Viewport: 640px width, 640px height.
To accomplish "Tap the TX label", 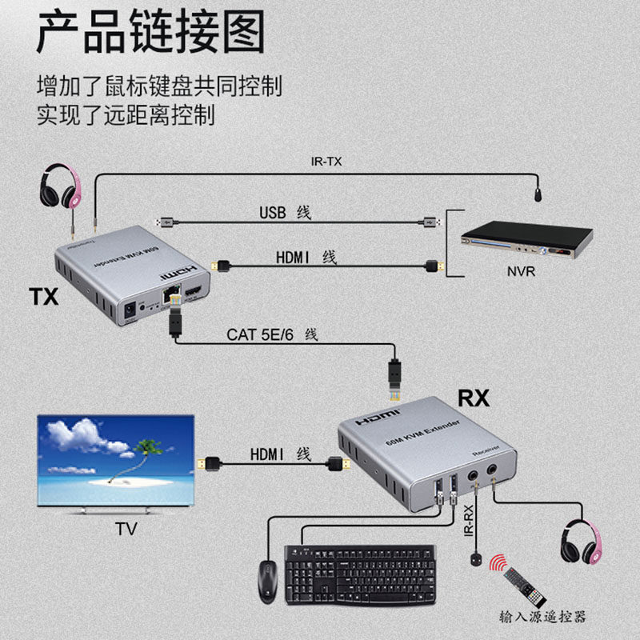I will click(x=45, y=297).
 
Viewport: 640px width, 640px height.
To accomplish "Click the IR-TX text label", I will click(x=326, y=162).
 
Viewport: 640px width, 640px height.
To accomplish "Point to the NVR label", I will click(x=521, y=272).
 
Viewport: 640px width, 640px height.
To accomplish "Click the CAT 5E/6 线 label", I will click(x=272, y=334).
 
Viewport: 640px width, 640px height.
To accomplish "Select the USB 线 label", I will click(x=285, y=213).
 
